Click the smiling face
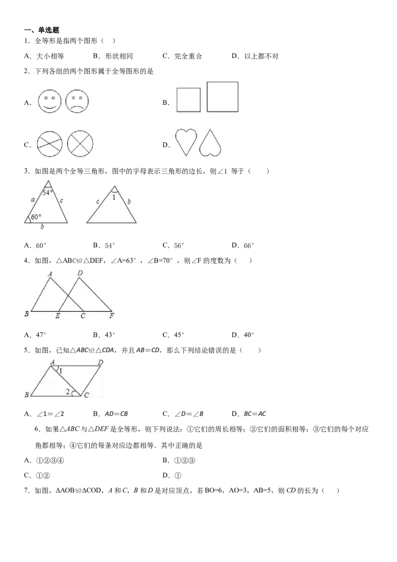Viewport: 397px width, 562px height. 50,101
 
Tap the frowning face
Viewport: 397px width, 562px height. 76,101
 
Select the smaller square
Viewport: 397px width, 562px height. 189,100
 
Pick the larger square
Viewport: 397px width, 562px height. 222,97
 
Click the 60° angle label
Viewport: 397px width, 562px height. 35,217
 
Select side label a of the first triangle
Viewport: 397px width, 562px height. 32,199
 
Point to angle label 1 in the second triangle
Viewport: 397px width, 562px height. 114,197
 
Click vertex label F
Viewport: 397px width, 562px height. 112,316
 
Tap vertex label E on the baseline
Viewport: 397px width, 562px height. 58,316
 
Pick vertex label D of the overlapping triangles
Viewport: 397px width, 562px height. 80,273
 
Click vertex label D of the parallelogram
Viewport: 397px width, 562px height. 101,362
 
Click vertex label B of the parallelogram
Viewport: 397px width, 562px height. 27,395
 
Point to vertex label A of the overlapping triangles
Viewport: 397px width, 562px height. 50,273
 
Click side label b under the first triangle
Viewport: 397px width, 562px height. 42,227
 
